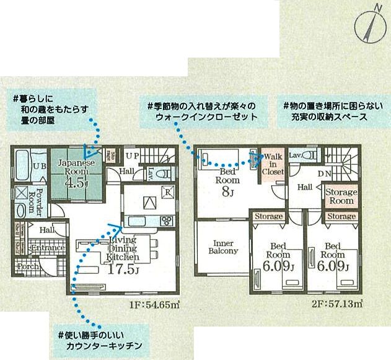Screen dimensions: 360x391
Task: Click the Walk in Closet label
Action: click(x=273, y=164)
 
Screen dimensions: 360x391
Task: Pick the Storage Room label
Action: click(x=341, y=196)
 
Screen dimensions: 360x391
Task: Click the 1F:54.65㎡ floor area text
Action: click(x=154, y=304)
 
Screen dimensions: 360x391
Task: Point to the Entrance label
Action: click(x=47, y=248)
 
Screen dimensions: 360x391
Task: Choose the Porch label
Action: click(x=29, y=267)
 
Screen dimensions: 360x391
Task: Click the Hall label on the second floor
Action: click(x=304, y=187)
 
